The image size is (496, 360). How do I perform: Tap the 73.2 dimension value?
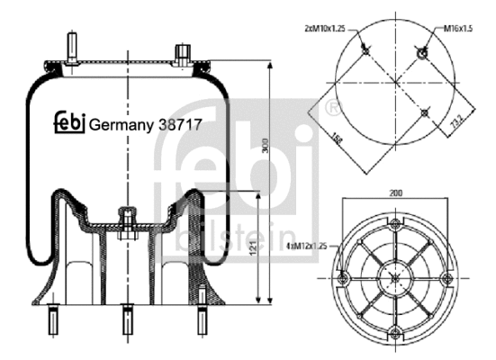click(x=456, y=116)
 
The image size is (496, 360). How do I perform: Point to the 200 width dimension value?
click(x=397, y=193)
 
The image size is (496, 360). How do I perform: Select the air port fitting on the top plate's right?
click(x=184, y=53)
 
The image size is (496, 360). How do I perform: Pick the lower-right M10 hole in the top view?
click(x=425, y=112)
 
